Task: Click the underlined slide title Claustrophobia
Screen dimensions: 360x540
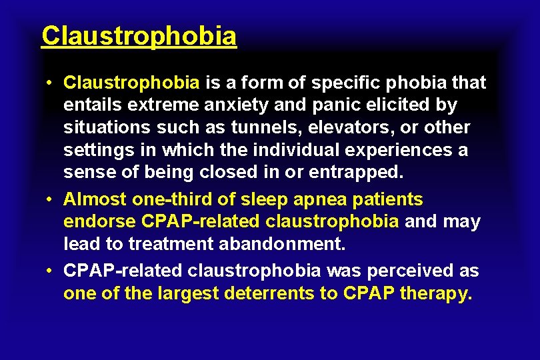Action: pyautogui.click(x=139, y=36)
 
